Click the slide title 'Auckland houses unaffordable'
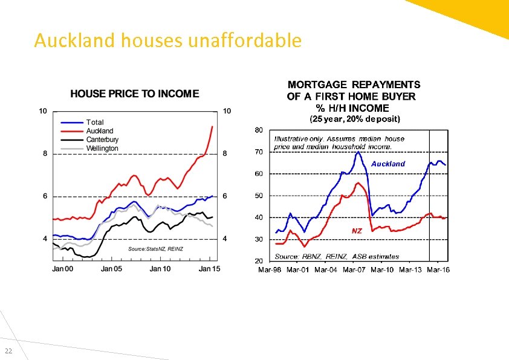167,40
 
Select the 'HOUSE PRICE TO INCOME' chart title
134,94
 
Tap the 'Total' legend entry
95,122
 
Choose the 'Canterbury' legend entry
102,140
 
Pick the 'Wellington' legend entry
102,148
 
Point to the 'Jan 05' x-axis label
112,268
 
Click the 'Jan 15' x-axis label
209,268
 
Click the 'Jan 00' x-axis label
63,268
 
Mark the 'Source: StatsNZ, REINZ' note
155,249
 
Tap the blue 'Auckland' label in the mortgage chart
388,164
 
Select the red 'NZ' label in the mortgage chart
357,231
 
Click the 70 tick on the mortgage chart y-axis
259,152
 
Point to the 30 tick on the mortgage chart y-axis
259,239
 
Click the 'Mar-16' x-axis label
438,269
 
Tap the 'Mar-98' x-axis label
270,269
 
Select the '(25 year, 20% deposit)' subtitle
355,119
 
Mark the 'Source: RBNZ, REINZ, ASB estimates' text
337,256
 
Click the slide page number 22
8,352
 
